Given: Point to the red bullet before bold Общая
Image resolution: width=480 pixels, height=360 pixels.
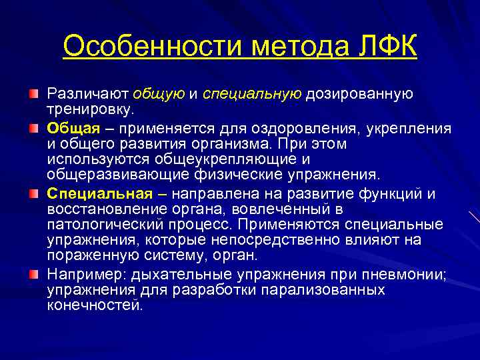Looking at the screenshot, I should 34,127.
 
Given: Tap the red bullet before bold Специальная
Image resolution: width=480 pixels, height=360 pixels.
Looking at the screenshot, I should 34,194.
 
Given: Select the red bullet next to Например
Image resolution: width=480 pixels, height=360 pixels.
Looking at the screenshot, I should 34,274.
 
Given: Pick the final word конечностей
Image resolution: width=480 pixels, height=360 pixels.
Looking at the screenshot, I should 95,305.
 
